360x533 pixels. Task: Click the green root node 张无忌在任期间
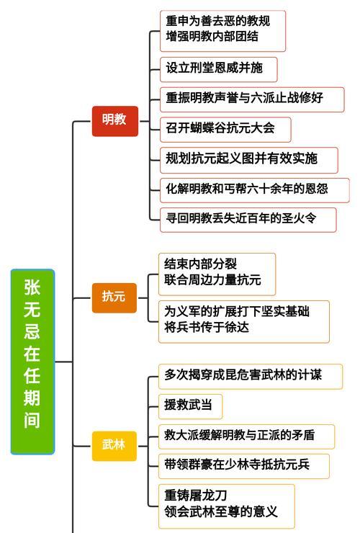point(32,362)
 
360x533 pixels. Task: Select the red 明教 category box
point(115,121)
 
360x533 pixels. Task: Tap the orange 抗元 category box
point(114,297)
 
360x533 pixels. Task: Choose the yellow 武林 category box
point(114,446)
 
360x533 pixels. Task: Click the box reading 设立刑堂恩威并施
point(219,70)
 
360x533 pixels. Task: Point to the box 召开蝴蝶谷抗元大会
point(225,130)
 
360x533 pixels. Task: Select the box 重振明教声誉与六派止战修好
point(252,99)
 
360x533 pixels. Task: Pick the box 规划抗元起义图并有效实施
point(249,160)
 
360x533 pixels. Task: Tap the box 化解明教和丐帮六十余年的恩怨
point(255,190)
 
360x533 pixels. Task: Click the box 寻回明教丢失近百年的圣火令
point(248,220)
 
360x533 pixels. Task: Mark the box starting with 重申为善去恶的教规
point(222,31)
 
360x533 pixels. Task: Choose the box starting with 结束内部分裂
point(217,274)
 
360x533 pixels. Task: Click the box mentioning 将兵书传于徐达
point(244,321)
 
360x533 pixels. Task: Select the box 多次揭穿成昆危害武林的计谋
point(251,377)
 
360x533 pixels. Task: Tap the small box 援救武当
point(190,406)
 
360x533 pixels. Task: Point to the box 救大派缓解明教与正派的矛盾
point(246,436)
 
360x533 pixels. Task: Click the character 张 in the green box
point(32,287)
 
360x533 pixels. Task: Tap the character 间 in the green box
point(32,420)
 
